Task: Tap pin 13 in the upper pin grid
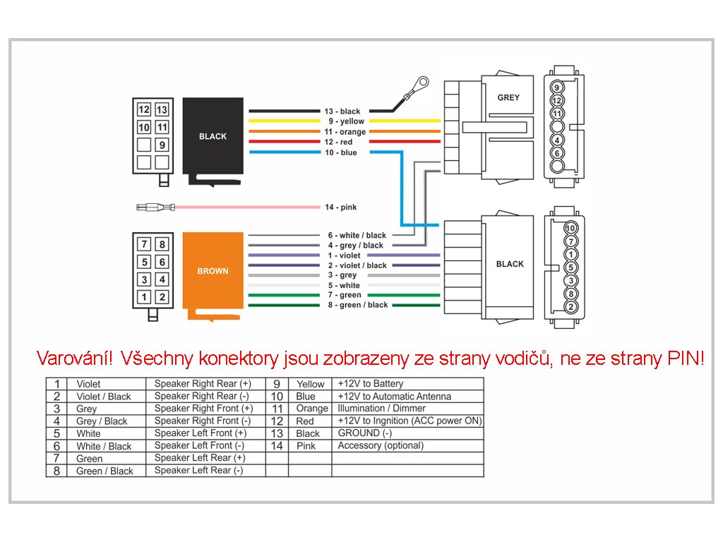pos(162,109)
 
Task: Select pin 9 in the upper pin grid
pos(162,145)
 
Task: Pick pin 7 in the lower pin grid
pos(144,244)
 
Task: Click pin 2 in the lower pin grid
pos(162,297)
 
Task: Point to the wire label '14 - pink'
pos(341,207)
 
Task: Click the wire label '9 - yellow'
pos(346,121)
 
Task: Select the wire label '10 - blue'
pos(341,152)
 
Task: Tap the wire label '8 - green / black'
pos(358,305)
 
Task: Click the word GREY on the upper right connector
pos(508,97)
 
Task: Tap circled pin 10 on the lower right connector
pos(570,228)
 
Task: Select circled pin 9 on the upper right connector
pos(557,88)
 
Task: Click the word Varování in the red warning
pos(74,358)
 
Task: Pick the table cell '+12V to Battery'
pos(370,383)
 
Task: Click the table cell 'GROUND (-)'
pos(365,433)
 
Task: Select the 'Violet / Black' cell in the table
pos(104,397)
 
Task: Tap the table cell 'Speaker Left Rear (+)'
pos(200,457)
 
